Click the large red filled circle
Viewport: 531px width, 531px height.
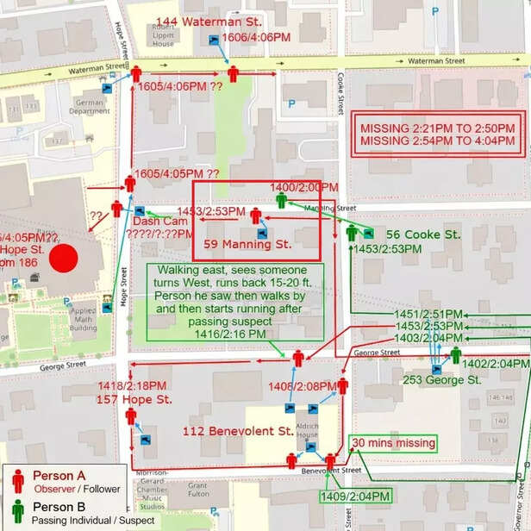[x=63, y=259]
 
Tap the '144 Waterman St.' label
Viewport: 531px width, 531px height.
[x=209, y=21]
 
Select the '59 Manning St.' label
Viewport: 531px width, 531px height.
[x=247, y=244]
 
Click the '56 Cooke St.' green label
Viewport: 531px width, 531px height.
[x=423, y=234]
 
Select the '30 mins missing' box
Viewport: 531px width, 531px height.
[x=393, y=443]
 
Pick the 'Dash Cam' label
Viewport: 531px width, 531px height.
[x=153, y=222]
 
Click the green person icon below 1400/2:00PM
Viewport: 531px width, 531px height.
[x=281, y=201]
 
